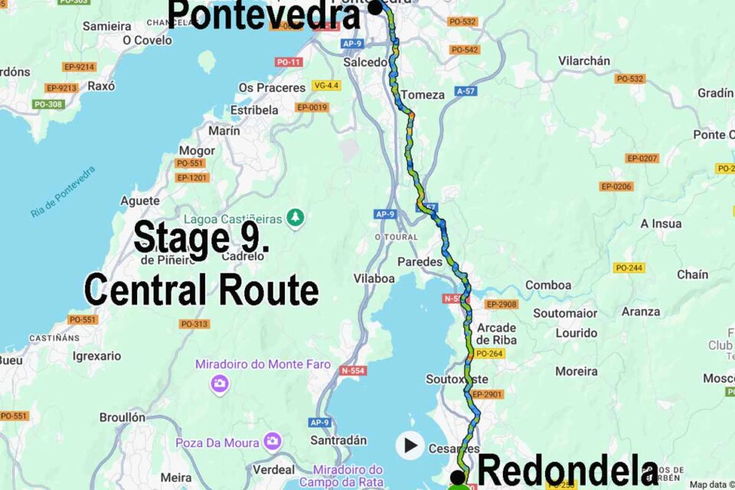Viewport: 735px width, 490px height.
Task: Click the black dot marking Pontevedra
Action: (375, 8)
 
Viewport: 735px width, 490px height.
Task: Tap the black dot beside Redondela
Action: (458, 476)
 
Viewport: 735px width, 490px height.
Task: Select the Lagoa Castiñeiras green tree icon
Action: (296, 218)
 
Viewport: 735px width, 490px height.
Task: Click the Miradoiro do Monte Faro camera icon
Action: (220, 383)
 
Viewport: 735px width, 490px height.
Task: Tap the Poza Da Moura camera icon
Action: (272, 442)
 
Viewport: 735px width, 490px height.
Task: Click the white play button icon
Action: (410, 445)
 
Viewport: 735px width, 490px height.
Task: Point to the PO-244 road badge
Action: (629, 267)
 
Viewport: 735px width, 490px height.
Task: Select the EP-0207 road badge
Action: (642, 158)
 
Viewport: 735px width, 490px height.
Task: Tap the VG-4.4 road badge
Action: (325, 85)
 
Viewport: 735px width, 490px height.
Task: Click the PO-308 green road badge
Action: (48, 104)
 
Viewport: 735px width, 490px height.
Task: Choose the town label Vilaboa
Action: (374, 279)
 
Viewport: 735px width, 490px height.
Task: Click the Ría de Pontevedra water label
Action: (64, 192)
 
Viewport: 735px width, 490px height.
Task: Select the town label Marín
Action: (224, 131)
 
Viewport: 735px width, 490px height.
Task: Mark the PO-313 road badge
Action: (194, 324)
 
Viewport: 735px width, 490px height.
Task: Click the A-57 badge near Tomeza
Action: (465, 91)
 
